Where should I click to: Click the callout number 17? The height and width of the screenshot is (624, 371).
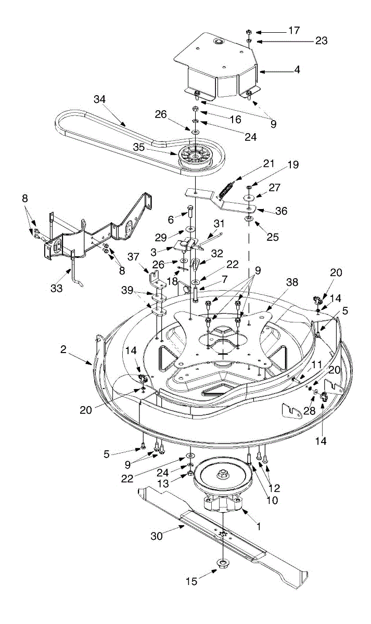click(294, 31)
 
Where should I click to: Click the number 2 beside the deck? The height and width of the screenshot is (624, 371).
click(63, 349)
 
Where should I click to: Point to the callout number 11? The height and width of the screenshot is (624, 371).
click(317, 365)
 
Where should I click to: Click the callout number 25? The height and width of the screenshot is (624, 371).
click(272, 237)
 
